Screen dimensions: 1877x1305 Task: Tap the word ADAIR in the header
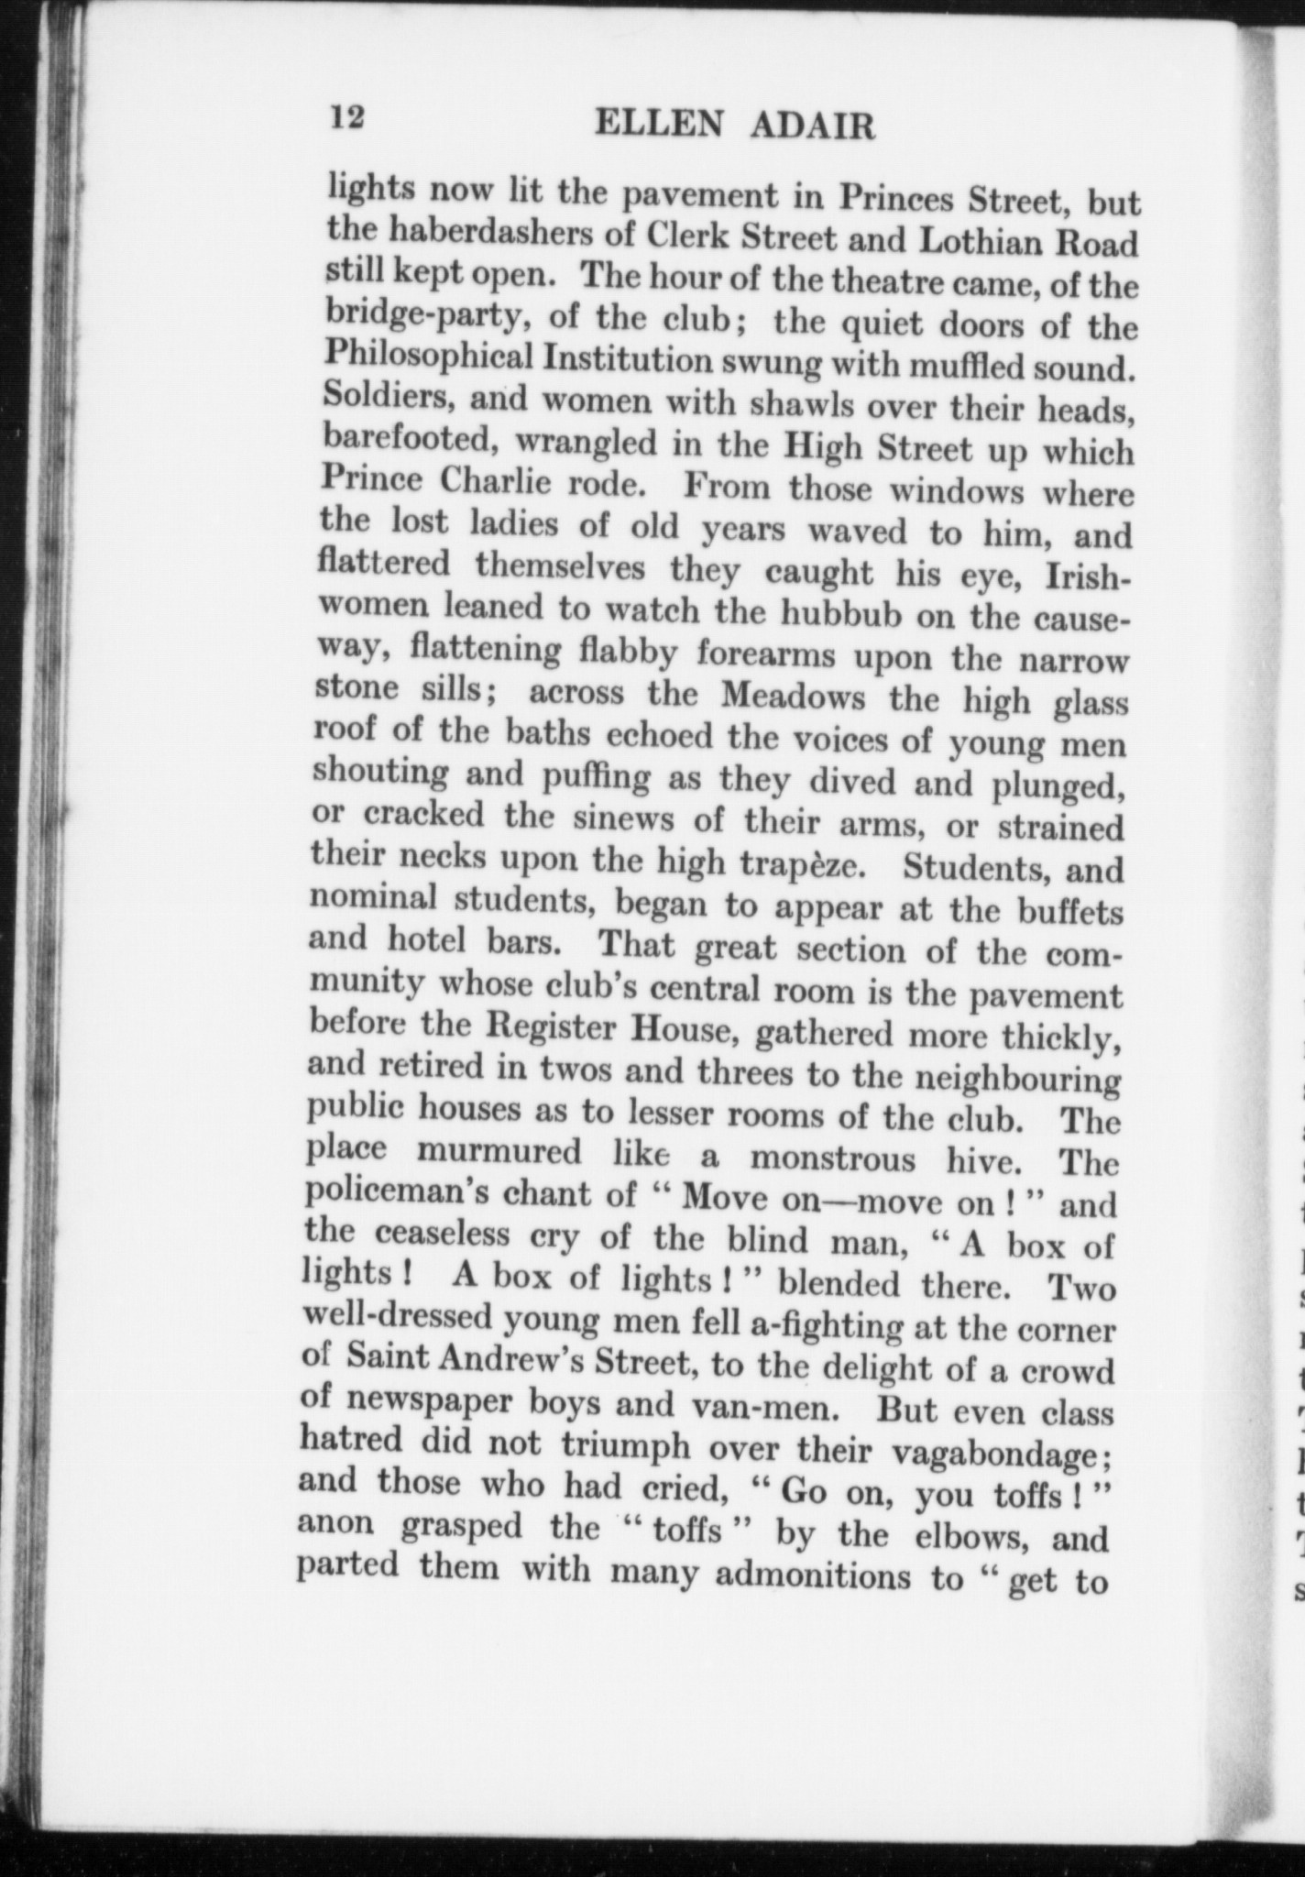pos(813,126)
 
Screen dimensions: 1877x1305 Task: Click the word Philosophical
pos(428,356)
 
